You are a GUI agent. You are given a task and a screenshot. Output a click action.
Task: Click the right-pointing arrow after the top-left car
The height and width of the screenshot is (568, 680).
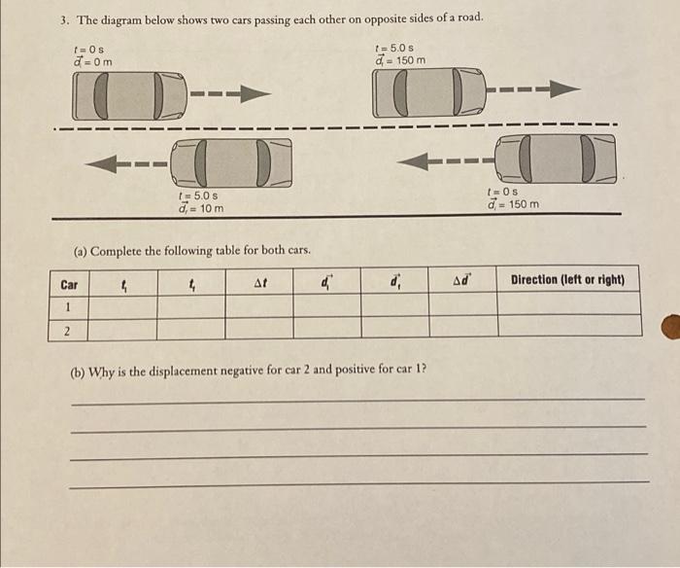pyautogui.click(x=230, y=94)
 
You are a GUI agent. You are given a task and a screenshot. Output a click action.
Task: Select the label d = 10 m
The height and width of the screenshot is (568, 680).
pyautogui.click(x=201, y=209)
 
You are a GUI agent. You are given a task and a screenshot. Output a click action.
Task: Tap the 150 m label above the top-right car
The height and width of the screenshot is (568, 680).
pyautogui.click(x=400, y=61)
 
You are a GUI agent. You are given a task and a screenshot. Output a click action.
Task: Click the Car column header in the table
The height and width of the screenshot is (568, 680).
pyautogui.click(x=69, y=284)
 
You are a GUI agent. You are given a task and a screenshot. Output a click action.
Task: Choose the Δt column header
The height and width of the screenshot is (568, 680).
pyautogui.click(x=259, y=283)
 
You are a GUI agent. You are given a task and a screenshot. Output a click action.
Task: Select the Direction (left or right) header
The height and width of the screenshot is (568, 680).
pyautogui.click(x=567, y=280)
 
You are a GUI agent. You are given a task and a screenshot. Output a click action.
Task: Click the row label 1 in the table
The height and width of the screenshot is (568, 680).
pyautogui.click(x=68, y=306)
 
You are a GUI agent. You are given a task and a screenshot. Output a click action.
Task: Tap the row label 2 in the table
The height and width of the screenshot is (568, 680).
pyautogui.click(x=68, y=331)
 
